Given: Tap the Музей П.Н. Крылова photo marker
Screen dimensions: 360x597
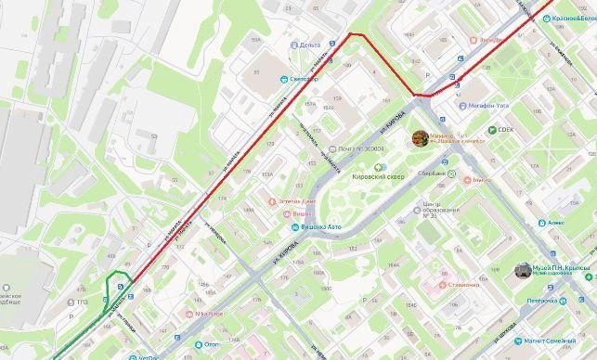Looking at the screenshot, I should pos(524,271).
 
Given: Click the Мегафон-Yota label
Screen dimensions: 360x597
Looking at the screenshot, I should pos(490,106).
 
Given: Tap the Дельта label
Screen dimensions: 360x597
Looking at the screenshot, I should pos(309,45).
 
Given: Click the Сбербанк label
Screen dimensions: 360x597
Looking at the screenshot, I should pos(432,174).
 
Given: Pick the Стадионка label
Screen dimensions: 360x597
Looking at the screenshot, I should pos(464,285).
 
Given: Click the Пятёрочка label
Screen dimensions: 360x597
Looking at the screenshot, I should pos(542,301).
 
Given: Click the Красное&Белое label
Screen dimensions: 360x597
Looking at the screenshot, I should pos(571,19).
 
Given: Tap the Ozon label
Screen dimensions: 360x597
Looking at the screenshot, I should pos(212,344).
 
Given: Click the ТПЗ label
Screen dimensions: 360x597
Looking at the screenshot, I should pos(82,301).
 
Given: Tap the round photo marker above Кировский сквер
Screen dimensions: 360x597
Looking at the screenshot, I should pos(420,138).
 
